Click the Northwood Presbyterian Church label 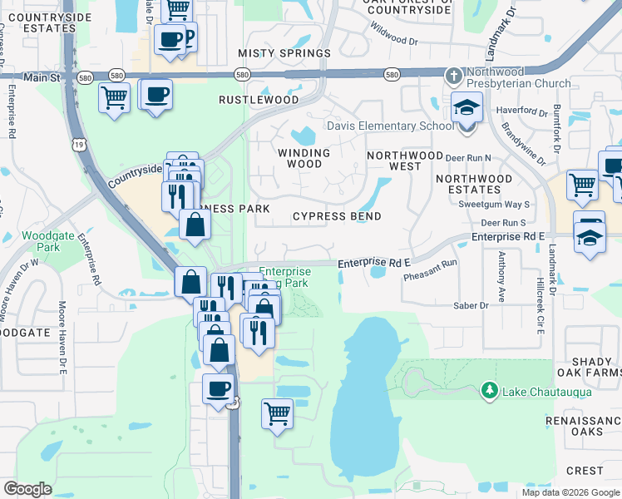pyautogui.click(x=519, y=77)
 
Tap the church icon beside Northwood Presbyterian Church pyautogui.click(x=453, y=76)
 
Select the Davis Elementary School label pyautogui.click(x=390, y=126)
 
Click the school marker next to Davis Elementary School pyautogui.click(x=466, y=110)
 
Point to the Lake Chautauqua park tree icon pyautogui.click(x=490, y=390)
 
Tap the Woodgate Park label pyautogui.click(x=42, y=241)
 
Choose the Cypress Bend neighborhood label pyautogui.click(x=337, y=216)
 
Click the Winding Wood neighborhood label pyautogui.click(x=304, y=158)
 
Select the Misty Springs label pyautogui.click(x=284, y=53)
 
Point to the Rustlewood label pyautogui.click(x=259, y=100)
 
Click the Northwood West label pyautogui.click(x=405, y=161)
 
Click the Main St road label pyautogui.click(x=43, y=77)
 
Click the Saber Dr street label pyautogui.click(x=471, y=306)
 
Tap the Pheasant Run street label pyautogui.click(x=431, y=275)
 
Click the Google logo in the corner pyautogui.click(x=27, y=488)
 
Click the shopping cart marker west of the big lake pyautogui.click(x=277, y=413)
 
